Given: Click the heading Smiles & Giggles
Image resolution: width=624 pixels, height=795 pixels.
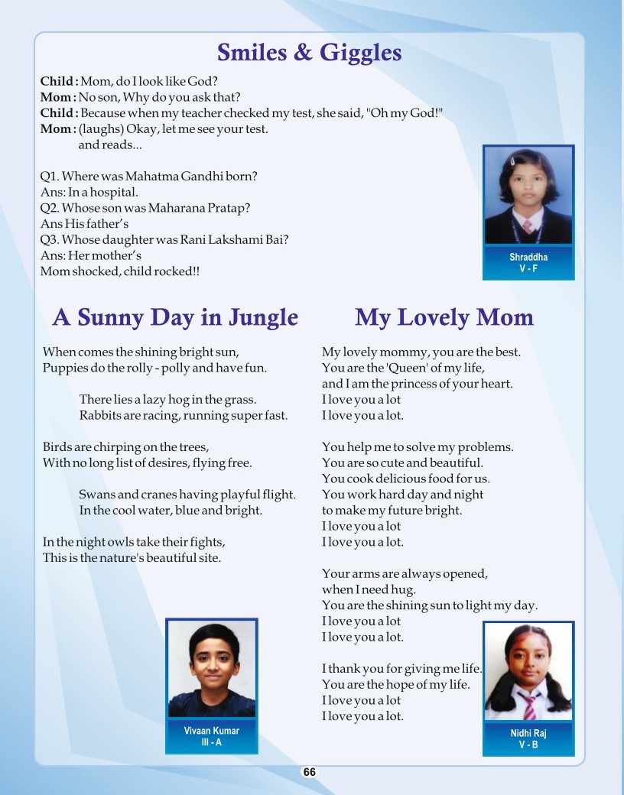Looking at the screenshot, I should [309, 53].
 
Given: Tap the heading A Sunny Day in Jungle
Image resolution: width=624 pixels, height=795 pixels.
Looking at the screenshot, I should [175, 317].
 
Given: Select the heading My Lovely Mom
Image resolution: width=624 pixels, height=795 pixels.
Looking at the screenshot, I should [444, 317].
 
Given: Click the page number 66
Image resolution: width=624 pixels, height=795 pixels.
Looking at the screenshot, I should [309, 772].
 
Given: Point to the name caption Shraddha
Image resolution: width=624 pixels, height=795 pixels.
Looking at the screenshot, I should [528, 258].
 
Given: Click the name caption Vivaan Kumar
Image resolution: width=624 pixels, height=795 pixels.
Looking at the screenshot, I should [212, 731].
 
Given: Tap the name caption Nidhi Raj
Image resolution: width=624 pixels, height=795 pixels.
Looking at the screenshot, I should [528, 733].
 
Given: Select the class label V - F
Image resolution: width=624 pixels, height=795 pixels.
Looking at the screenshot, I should [528, 269].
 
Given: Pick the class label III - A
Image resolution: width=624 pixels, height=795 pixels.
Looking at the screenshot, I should [212, 742].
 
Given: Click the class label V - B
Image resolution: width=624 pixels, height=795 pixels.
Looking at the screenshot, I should [528, 745].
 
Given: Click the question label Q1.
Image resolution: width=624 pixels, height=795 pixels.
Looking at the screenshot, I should [49, 177].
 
